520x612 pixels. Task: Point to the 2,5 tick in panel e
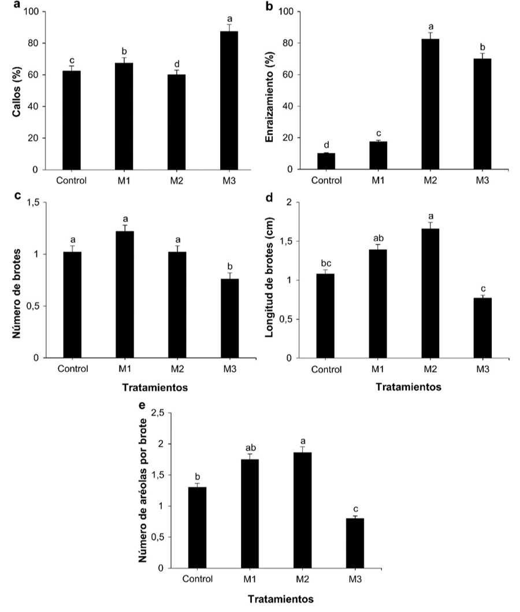(x=157, y=412)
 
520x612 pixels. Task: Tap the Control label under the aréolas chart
(x=197, y=579)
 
